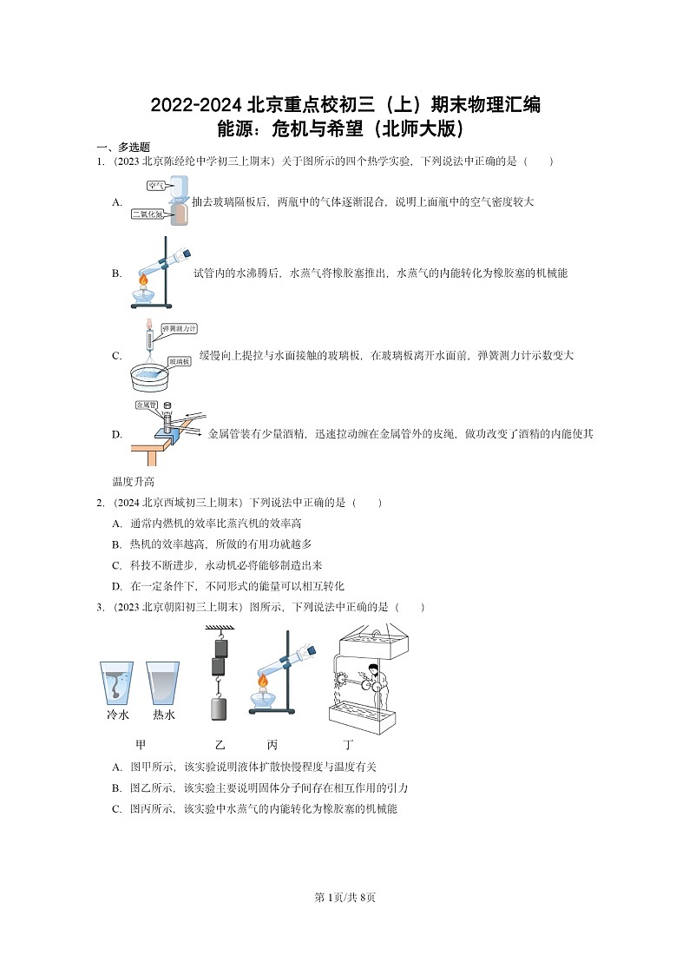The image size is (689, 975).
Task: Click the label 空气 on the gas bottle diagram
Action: click(156, 186)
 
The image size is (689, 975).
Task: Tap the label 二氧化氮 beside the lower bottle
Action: click(148, 214)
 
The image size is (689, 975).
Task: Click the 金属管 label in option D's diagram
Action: click(145, 405)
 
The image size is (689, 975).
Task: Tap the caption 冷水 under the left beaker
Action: click(117, 715)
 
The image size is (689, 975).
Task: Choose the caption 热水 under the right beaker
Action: click(163, 715)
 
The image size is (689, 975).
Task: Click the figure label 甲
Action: click(141, 745)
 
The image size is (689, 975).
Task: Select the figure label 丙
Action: click(272, 745)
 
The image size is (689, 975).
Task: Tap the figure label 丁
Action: click(348, 745)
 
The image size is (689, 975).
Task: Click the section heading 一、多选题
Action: click(122, 148)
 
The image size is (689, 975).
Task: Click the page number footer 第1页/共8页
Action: click(344, 897)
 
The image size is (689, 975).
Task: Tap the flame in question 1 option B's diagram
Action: click(145, 280)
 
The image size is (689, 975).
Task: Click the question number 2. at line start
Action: click(101, 503)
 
